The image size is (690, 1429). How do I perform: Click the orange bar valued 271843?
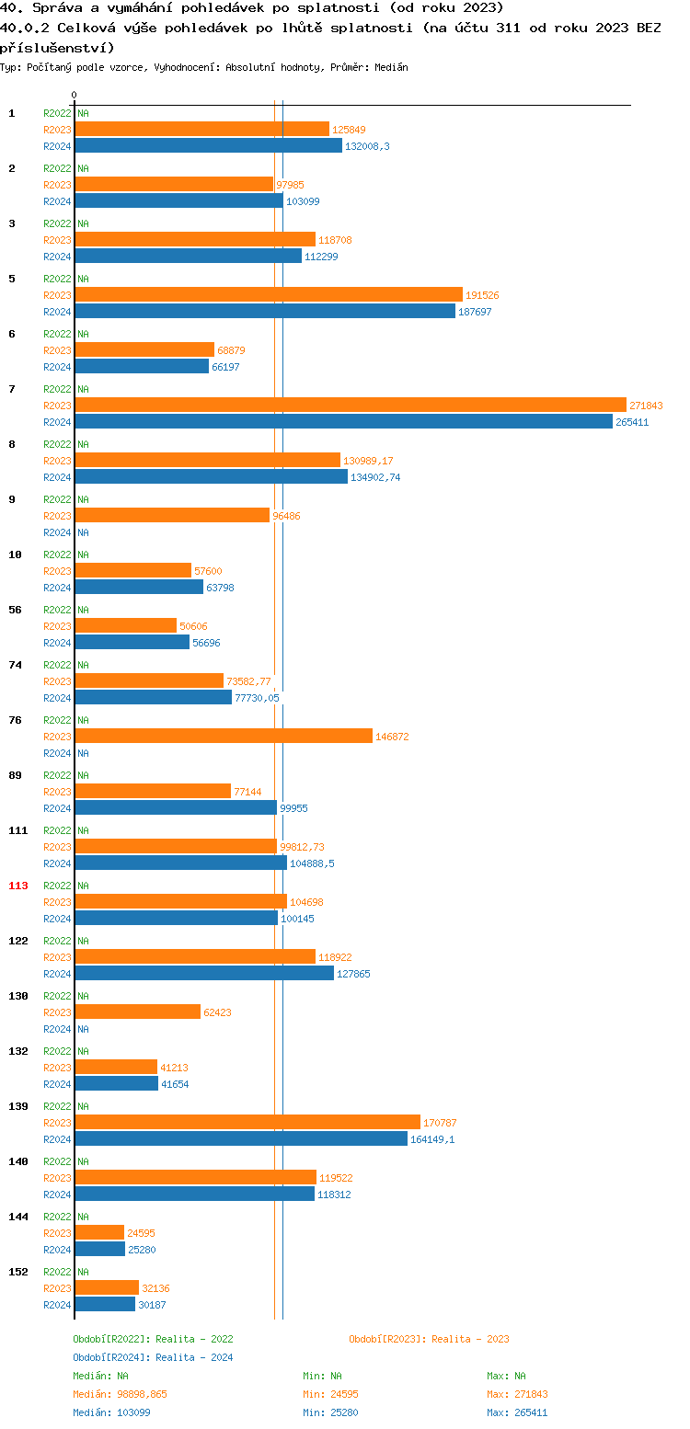pos(351,405)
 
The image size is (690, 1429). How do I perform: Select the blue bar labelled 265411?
pos(343,421)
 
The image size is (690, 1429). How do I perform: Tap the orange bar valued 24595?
pos(99,1232)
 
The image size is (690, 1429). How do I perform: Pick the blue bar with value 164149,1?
pos(241,1138)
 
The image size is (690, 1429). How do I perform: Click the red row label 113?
pos(18,886)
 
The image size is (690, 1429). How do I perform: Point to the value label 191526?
pos(482,295)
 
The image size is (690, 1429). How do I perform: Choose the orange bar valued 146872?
pos(224,736)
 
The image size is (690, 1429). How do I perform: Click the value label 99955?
pos(293,808)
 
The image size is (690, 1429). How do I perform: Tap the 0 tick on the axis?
pos(75,95)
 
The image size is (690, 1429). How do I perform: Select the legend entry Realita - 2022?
pos(153,1339)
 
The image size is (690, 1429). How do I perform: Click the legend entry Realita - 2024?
pos(153,1357)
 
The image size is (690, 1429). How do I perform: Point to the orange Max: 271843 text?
pos(517,1394)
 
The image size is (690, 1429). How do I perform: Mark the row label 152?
pos(18,1272)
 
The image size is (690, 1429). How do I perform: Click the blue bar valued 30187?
pos(105,1304)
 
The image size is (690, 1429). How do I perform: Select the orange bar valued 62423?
pos(137,1012)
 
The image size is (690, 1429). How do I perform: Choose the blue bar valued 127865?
pos(204,973)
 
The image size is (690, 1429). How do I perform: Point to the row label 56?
pos(15,610)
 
